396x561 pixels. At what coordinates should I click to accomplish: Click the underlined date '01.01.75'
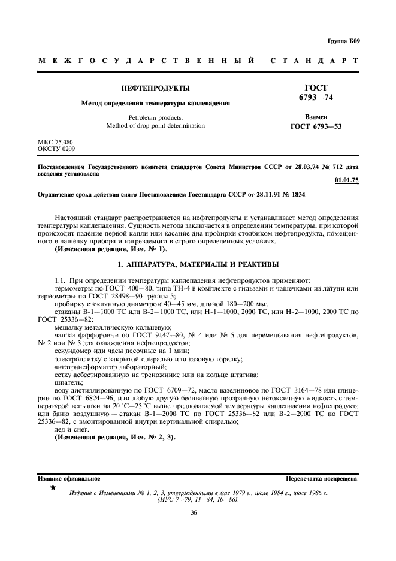click(347, 180)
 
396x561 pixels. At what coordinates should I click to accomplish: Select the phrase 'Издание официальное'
click(69, 479)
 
